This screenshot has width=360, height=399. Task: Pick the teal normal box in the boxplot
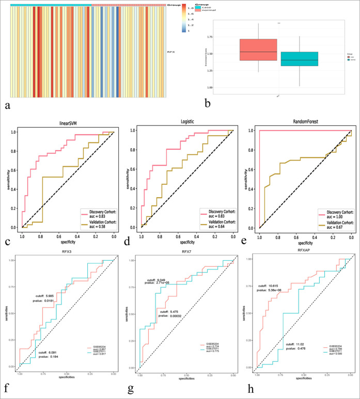click(x=299, y=59)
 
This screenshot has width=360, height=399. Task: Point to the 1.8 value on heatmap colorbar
click(x=191, y=9)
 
